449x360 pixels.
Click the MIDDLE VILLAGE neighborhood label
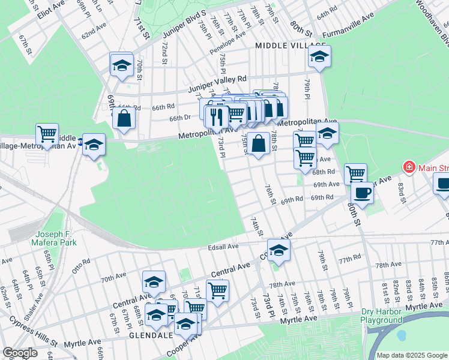click(x=290, y=46)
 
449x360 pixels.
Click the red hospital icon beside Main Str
click(x=409, y=166)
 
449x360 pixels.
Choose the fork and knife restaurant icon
click(x=217, y=116)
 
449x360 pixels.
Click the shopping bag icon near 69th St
click(x=123, y=119)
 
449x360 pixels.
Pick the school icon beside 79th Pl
click(x=319, y=58)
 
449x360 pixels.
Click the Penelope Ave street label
click(x=228, y=43)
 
